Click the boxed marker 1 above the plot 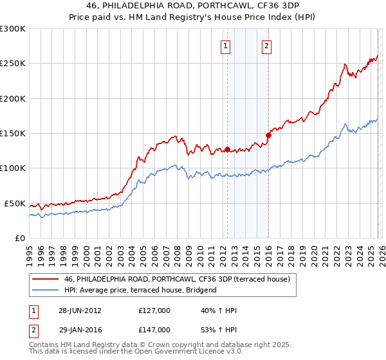[x=226, y=46]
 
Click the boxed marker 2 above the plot [x=266, y=46]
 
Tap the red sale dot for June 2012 [x=227, y=150]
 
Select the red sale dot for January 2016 [x=268, y=135]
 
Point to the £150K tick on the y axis [x=13, y=134]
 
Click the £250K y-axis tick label [x=13, y=64]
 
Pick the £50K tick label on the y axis [x=15, y=203]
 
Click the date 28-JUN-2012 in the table [x=80, y=310]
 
